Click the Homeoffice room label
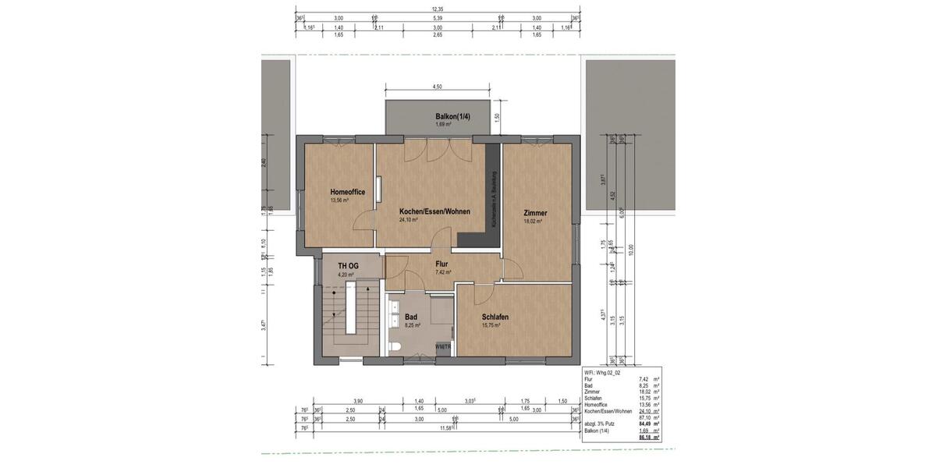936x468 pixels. [x=348, y=192]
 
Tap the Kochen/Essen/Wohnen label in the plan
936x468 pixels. [x=434, y=211]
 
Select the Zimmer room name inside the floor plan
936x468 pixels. [x=536, y=213]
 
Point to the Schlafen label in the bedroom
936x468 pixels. [x=495, y=317]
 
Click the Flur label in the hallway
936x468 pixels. [x=441, y=264]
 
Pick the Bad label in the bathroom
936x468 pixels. [x=411, y=317]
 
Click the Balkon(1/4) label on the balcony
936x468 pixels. [x=453, y=117]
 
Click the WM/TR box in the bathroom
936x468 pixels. [x=443, y=346]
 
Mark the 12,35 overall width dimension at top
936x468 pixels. [x=437, y=9]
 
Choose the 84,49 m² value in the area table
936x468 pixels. [x=644, y=424]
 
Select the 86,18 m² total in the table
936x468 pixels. [x=644, y=438]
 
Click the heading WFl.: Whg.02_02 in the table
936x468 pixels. [x=603, y=373]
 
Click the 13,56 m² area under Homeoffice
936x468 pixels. [x=339, y=200]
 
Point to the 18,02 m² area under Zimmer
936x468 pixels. [x=533, y=222]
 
